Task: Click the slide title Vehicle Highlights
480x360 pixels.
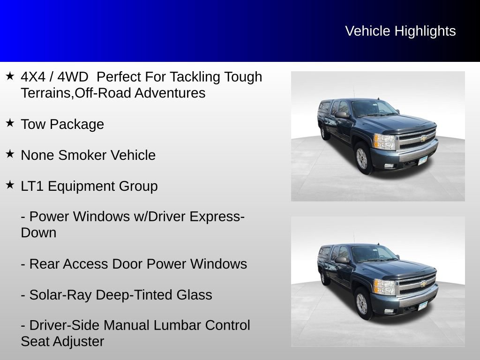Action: coord(400,31)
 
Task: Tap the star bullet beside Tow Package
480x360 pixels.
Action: coord(10,123)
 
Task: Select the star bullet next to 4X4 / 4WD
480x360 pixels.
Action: coord(10,75)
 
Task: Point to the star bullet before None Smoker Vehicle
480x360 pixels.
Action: coord(10,154)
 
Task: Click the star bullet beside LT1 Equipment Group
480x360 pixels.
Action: coord(10,185)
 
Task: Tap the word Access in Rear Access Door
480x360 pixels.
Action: coord(85,264)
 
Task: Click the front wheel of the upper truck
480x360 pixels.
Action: coord(362,158)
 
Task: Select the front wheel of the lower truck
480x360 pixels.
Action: coord(362,303)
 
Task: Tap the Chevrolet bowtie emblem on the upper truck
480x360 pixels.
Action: coord(423,138)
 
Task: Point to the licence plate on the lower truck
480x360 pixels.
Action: coord(422,306)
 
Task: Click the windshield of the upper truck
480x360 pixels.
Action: coord(372,109)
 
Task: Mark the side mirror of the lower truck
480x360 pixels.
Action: coord(341,260)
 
